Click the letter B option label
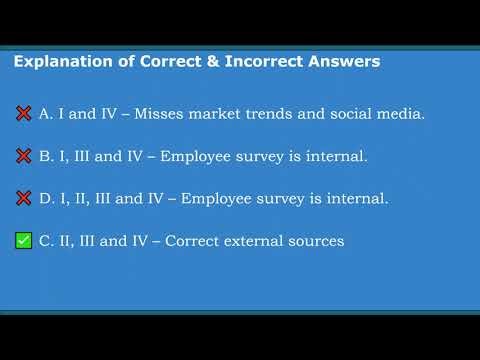coord(45,156)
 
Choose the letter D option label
coord(45,198)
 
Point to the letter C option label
coord(45,241)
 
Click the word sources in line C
coord(315,241)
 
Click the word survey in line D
coord(285,198)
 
